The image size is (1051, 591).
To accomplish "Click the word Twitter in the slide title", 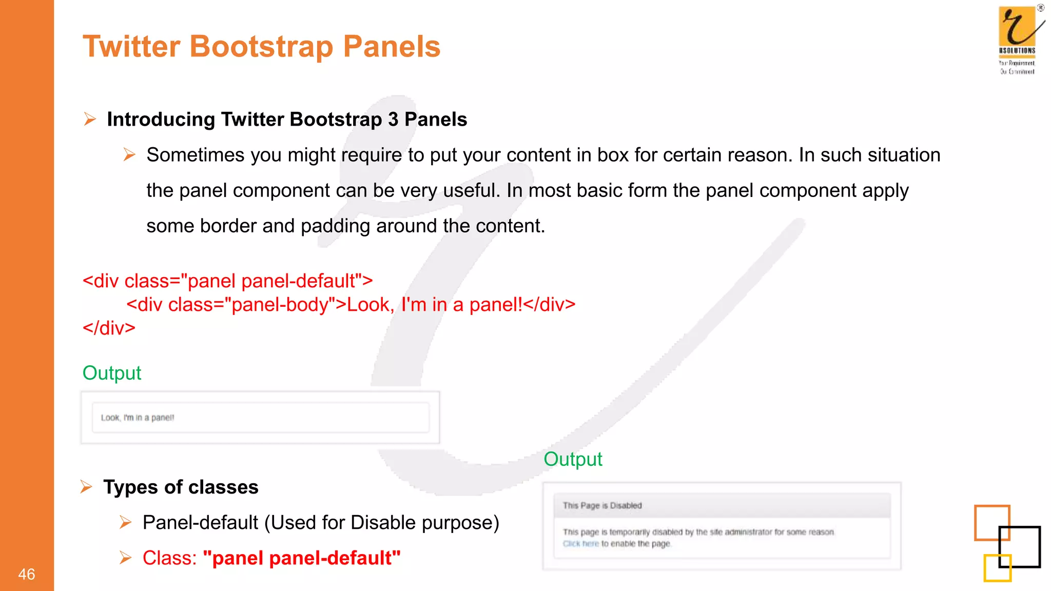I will coord(131,46).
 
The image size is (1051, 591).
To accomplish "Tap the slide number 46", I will coord(26,574).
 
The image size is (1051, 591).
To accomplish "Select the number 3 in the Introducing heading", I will coord(393,120).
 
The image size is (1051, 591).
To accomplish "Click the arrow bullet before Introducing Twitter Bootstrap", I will coord(90,120).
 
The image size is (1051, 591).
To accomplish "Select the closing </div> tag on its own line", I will coord(109,328).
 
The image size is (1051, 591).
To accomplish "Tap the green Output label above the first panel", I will coord(111,373).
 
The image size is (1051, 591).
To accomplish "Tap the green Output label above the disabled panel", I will coord(573,459).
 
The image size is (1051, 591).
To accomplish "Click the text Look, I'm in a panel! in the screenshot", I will coord(137,418).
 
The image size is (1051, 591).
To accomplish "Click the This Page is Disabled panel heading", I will coord(602,506).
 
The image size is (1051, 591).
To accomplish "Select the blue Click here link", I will coord(580,544).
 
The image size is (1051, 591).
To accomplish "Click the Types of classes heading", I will coord(181,487).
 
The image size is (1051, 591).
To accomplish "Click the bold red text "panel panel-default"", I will coord(301,558).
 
